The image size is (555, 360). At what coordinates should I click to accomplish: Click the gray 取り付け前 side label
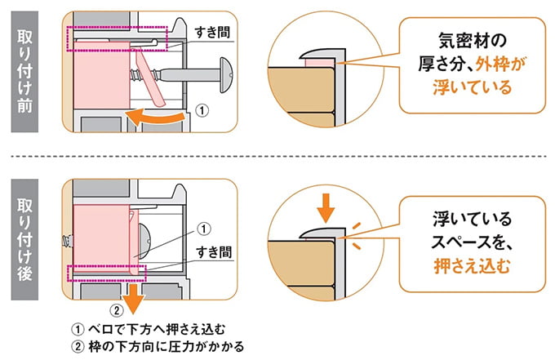27,70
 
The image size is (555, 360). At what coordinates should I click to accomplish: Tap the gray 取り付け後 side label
27,234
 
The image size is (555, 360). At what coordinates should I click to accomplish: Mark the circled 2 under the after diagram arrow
117,311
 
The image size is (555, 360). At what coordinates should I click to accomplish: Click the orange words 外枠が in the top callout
489,61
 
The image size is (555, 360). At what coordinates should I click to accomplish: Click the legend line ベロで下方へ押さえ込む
151,329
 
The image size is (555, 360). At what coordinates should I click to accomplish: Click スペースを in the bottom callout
472,241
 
